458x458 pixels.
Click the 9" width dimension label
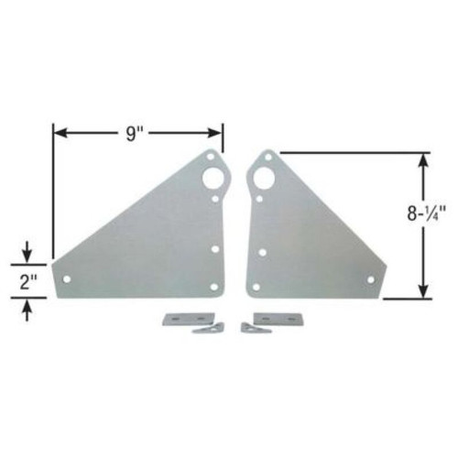136,134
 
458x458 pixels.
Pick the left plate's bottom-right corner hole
214,287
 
